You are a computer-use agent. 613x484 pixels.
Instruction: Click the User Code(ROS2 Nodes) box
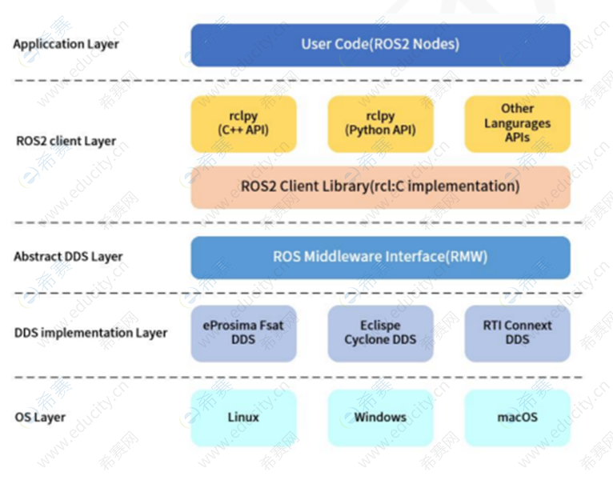[380, 45]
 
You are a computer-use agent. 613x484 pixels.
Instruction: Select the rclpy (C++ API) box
[243, 123]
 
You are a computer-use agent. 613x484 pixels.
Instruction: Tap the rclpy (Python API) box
[380, 123]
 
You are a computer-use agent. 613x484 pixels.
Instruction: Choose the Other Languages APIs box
[517, 123]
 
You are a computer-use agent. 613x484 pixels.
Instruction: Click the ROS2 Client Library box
[380, 186]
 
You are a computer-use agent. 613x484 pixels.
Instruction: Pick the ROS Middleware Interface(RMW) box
[380, 258]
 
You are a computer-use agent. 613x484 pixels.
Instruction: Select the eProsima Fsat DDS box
[243, 333]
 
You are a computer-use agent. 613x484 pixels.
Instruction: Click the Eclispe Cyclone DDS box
[380, 333]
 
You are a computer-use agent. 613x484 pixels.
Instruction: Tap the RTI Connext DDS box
[517, 333]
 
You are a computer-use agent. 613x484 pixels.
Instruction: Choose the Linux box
[243, 417]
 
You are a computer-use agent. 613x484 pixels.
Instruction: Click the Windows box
[380, 417]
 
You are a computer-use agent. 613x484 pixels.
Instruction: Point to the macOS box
[517, 417]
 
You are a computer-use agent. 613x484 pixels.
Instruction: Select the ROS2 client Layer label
[66, 141]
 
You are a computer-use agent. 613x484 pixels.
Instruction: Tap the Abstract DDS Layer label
[68, 257]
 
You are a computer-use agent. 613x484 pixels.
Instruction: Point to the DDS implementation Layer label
[90, 333]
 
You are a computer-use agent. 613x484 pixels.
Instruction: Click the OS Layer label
[40, 417]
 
